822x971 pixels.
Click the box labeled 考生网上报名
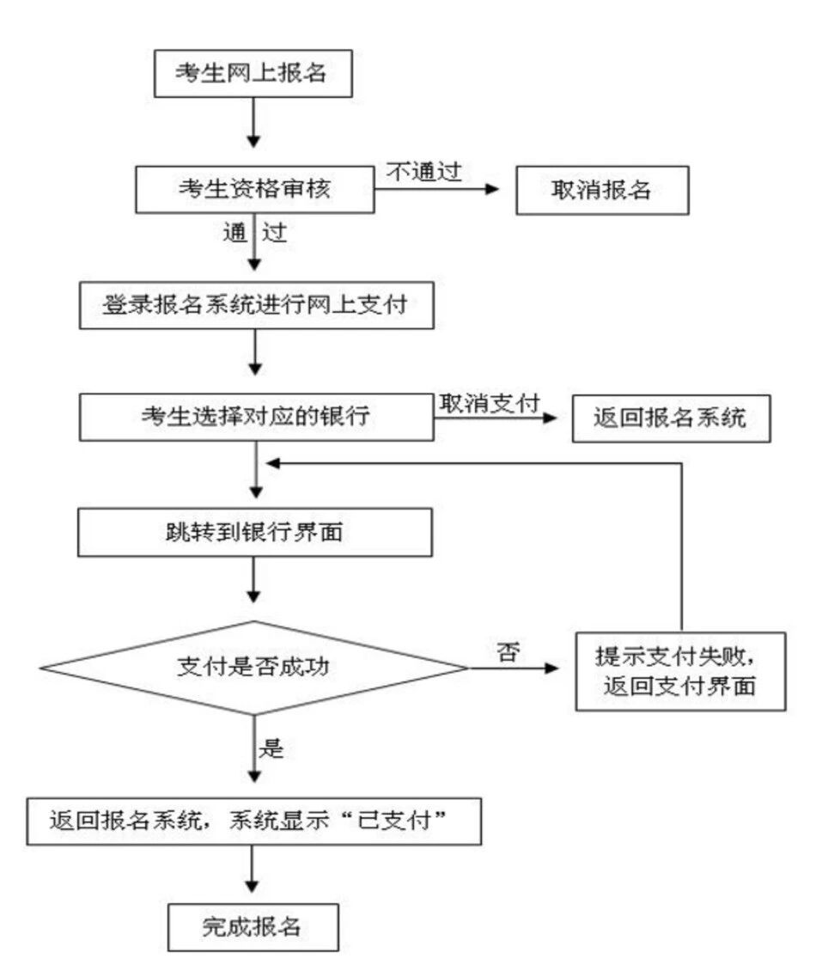253,72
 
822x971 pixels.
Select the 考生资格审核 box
253,189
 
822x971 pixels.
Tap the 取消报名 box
601,190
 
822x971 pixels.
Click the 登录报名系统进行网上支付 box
254,306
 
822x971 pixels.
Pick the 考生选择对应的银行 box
255,418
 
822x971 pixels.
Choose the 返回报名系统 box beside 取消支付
671,418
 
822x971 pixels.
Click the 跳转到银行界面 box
254,533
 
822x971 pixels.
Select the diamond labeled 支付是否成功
254,667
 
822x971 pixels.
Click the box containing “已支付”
253,822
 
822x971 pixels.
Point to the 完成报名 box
253,927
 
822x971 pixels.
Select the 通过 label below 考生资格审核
254,232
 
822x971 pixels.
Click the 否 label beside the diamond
507,651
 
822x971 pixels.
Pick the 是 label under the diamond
271,748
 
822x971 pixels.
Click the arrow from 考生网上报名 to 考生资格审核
253,119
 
